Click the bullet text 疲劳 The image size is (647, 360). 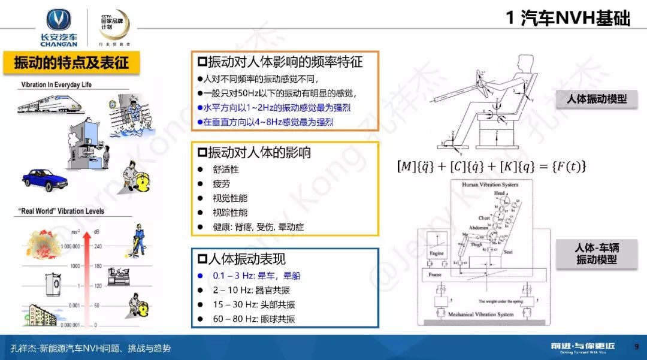[x=222, y=183]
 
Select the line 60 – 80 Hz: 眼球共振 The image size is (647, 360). [x=254, y=319]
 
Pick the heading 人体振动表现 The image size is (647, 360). [x=247, y=259]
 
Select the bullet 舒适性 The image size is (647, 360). [x=226, y=170]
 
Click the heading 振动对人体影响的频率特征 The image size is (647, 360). [x=285, y=62]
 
